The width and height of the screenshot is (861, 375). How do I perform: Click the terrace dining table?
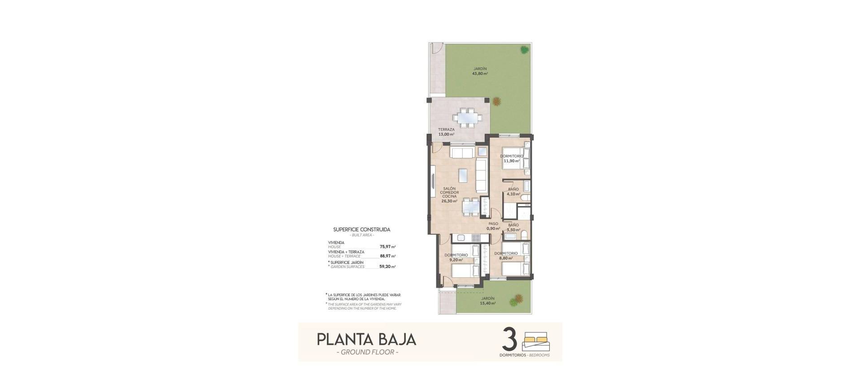click(467, 118)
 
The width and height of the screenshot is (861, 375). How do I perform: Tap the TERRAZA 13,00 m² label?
click(446, 132)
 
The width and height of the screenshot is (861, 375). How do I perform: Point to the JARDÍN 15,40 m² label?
click(487, 301)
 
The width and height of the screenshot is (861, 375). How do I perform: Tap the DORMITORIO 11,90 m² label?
click(512, 159)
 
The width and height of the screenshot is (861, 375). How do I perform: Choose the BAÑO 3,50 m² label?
click(513, 227)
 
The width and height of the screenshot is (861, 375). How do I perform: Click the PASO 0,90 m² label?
click(493, 226)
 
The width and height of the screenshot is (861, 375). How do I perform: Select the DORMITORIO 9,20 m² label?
click(456, 257)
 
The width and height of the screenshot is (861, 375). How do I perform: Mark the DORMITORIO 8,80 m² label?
click(506, 255)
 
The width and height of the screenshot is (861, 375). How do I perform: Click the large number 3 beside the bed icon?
click(510, 341)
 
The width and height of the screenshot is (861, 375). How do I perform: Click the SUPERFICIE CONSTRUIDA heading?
click(361, 229)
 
